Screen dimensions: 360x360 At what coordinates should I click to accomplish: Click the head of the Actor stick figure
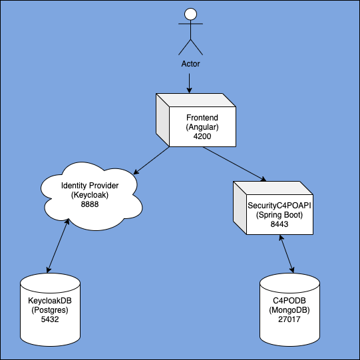tap(190, 15)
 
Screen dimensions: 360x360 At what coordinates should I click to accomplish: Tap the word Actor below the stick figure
tap(190, 64)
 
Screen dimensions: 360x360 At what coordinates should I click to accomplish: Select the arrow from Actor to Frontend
tap(190, 83)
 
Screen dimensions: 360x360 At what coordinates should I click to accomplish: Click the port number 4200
tap(202, 135)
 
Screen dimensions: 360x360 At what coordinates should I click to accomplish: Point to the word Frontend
tap(202, 116)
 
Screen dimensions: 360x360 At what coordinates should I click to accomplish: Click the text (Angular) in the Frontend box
tap(202, 126)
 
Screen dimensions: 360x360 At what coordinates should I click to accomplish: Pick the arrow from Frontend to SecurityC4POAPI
tap(234, 164)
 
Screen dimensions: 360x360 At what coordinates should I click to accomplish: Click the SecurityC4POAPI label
tap(279, 206)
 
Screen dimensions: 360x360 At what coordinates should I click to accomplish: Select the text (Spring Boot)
tap(279, 215)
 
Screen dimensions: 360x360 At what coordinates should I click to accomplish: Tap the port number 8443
tap(279, 225)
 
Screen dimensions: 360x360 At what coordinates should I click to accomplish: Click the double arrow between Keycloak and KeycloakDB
tap(57, 246)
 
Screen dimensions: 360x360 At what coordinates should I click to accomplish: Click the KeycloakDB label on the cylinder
tap(51, 301)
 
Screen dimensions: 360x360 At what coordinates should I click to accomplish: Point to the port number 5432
tap(51, 319)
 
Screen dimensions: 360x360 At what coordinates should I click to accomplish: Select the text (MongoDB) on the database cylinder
tap(289, 309)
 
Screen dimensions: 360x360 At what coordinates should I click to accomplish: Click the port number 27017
tap(289, 319)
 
